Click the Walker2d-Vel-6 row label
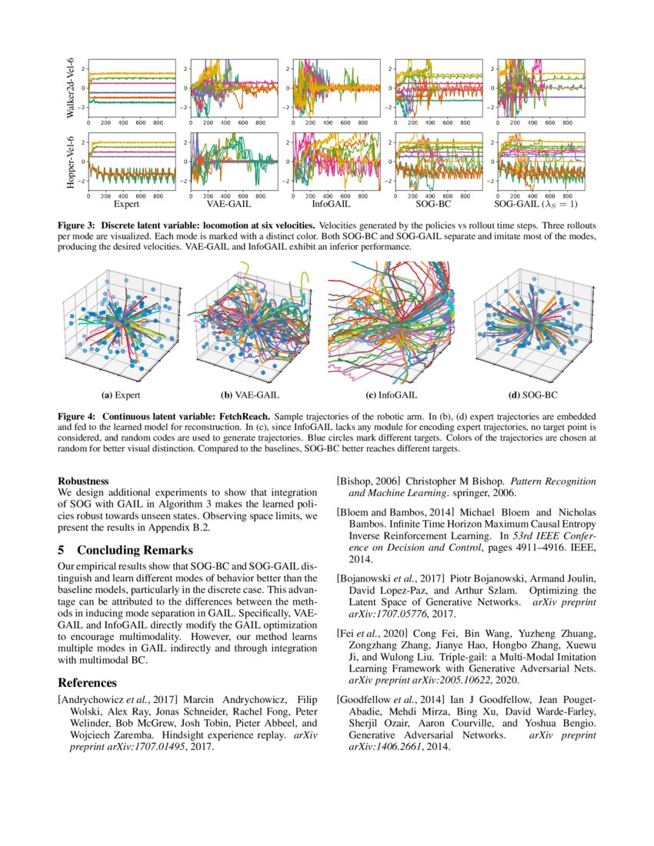[70, 87]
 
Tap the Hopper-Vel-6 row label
[70, 163]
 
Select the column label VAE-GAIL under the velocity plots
[225, 206]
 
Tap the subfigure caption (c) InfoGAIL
[392, 395]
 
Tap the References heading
[87, 682]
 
